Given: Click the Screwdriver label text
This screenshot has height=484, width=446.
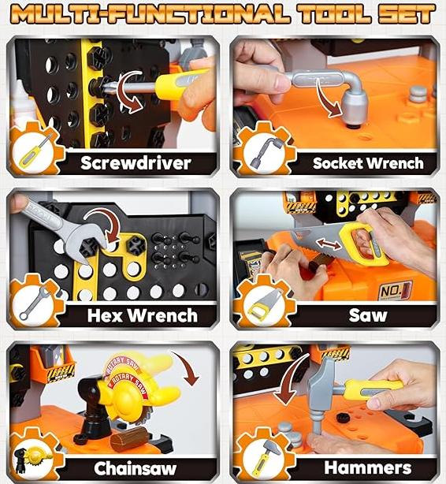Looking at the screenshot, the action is pos(136,163).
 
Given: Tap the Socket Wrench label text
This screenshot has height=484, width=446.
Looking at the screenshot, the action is pos(368,163).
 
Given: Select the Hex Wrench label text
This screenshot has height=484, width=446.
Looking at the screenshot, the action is pos(143,315).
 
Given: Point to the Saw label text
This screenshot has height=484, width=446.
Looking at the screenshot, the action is pos(368,315).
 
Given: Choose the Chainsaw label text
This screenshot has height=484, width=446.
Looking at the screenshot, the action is pos(136,468).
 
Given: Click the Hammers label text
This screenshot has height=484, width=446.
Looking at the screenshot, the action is pos(368,467).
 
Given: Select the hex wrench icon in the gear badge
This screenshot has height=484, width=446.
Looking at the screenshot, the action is pos(35,303).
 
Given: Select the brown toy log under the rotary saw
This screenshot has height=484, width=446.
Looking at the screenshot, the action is pos(129,438).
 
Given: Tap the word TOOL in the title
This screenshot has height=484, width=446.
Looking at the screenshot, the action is pos(334,14).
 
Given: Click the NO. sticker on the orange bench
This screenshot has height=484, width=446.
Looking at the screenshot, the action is pos(396,290).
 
